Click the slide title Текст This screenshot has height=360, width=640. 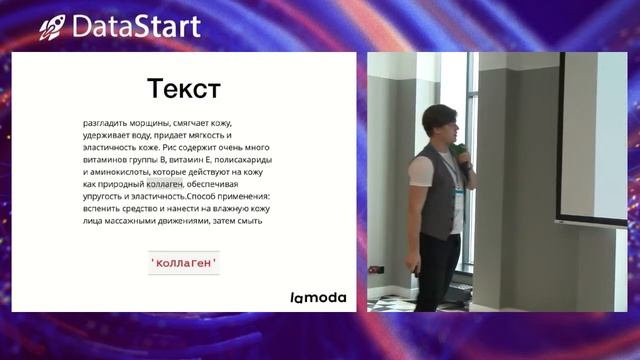pyautogui.click(x=183, y=89)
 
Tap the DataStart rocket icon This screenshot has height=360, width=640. pyautogui.click(x=52, y=27)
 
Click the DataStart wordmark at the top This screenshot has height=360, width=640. pyautogui.click(x=136, y=26)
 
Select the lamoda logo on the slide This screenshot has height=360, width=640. pyautogui.click(x=318, y=297)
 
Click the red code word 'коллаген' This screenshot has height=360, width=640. pyautogui.click(x=183, y=263)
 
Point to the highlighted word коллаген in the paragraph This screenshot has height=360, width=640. pyautogui.click(x=165, y=184)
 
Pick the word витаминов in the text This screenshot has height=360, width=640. pyautogui.click(x=105, y=159)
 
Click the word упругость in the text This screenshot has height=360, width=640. pyautogui.click(x=105, y=196)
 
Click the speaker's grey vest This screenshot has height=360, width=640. pyautogui.click(x=436, y=195)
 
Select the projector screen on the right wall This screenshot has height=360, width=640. pyautogui.click(x=592, y=135)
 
